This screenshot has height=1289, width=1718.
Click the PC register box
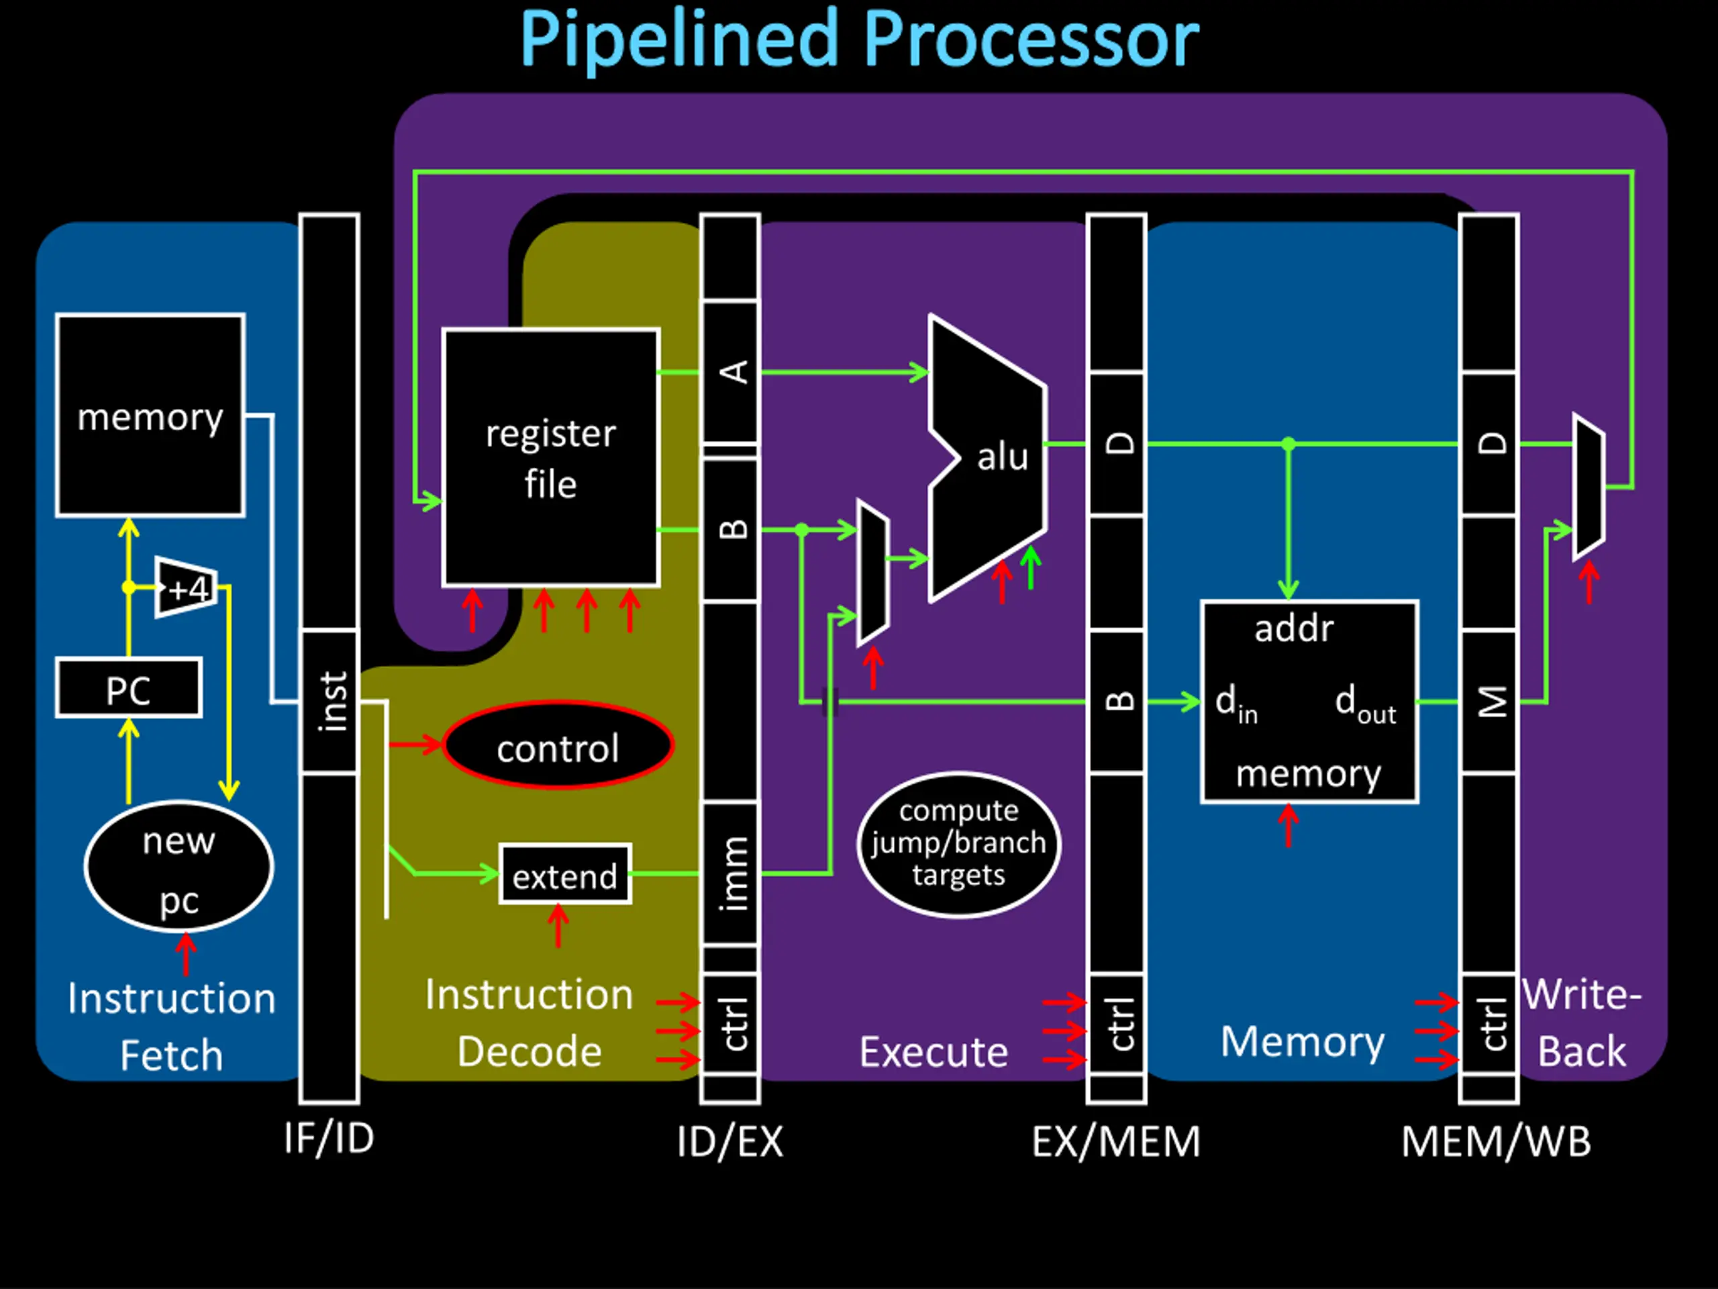(x=129, y=687)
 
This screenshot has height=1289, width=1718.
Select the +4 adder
(x=185, y=587)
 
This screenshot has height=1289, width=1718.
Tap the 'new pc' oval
(x=179, y=866)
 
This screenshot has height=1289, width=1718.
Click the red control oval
(x=558, y=746)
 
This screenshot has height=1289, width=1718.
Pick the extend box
(x=564, y=874)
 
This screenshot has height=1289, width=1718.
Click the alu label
(x=1003, y=457)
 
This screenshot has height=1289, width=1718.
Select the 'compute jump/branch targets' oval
(x=959, y=845)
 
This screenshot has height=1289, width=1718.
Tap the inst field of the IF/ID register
(x=330, y=702)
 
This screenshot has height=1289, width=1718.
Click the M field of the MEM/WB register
(x=1489, y=702)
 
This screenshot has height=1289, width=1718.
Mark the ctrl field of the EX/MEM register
(x=1117, y=1024)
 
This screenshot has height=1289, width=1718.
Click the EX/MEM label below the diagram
(x=1116, y=1141)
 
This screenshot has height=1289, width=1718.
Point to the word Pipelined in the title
(x=680, y=39)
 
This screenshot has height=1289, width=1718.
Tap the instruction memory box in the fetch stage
(x=150, y=416)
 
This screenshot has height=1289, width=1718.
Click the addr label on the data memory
(x=1294, y=628)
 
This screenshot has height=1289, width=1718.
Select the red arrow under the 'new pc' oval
(x=186, y=954)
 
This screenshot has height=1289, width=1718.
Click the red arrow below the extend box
(x=558, y=925)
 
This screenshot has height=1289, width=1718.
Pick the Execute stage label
(x=933, y=1052)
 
